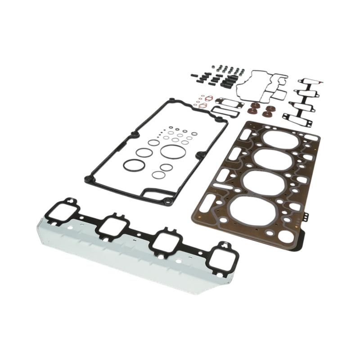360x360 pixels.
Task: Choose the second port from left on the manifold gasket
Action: (114, 225)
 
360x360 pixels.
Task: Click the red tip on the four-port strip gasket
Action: (321, 83)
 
